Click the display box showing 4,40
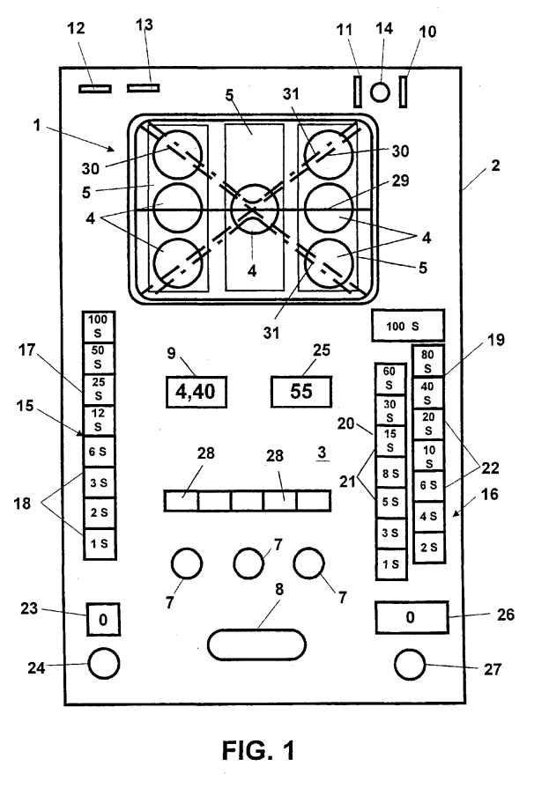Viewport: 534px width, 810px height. [x=197, y=392]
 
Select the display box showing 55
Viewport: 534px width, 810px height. [x=301, y=391]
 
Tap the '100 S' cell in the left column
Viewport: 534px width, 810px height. [x=99, y=327]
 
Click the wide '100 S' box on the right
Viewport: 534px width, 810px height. [x=408, y=326]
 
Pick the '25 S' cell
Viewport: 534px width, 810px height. [x=99, y=389]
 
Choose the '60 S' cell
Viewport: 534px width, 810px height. [x=390, y=379]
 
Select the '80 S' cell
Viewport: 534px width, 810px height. [x=428, y=361]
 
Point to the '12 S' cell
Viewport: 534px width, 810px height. [x=99, y=421]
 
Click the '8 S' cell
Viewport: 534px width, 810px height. [x=391, y=473]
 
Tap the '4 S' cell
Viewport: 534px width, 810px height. [x=428, y=517]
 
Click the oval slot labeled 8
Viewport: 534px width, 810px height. [x=256, y=644]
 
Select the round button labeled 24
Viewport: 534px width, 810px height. [x=104, y=663]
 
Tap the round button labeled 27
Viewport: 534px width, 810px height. [x=410, y=664]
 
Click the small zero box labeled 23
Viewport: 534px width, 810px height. [x=103, y=619]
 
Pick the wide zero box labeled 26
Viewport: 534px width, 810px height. [x=412, y=617]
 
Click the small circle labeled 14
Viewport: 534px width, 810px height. [x=381, y=92]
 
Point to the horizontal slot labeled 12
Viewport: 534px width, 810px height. [x=95, y=90]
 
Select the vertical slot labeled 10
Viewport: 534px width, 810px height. [x=404, y=92]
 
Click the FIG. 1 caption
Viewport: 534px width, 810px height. [x=258, y=750]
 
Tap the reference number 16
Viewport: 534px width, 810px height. [x=489, y=495]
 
